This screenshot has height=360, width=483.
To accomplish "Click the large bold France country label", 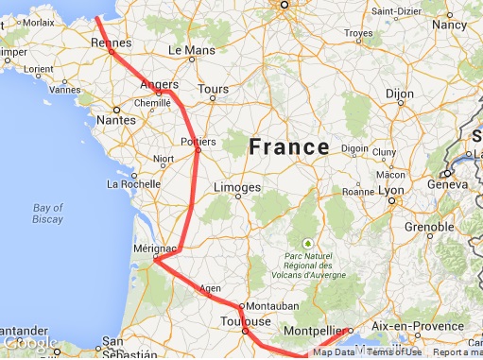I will pyautogui.click(x=288, y=147).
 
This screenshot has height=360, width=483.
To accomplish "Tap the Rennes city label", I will pyautogui.click(x=109, y=42).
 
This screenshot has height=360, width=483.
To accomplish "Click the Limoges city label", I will pyautogui.click(x=236, y=188).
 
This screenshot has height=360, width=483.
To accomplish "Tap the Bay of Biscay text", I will pyautogui.click(x=47, y=214).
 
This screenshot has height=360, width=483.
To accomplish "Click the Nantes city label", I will pyautogui.click(x=117, y=120).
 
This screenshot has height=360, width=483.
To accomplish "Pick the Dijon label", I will pyautogui.click(x=401, y=94).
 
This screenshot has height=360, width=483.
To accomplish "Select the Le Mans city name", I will pyautogui.click(x=187, y=49).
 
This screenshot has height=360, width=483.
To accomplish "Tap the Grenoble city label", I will pyautogui.click(x=430, y=227).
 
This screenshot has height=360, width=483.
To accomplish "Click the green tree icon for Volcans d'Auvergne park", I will pyautogui.click(x=306, y=242).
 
